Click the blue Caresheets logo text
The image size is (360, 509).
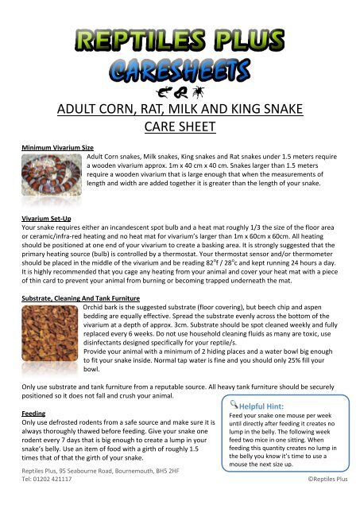180,64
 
